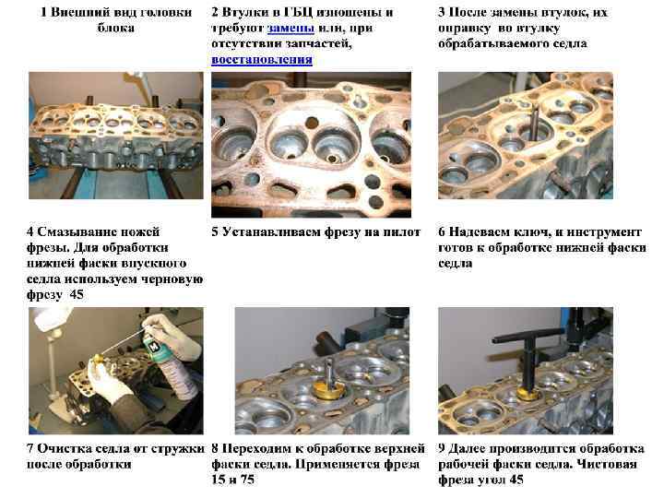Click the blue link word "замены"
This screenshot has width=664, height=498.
click(290, 28)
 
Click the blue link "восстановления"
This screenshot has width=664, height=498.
click(262, 60)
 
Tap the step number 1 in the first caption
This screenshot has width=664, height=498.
click(43, 12)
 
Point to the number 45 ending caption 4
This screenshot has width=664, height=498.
click(77, 294)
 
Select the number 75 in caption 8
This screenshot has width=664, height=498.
click(247, 480)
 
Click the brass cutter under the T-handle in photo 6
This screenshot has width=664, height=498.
click(528, 395)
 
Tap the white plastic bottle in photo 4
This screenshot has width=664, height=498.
click(52, 320)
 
